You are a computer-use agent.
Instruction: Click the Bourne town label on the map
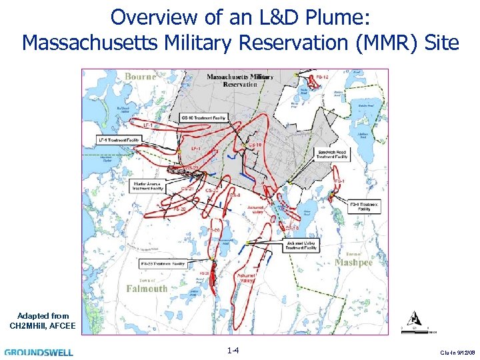click(x=140, y=77)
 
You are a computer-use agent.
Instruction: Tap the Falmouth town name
click(x=147, y=289)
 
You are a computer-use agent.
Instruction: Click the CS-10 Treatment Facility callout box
click(x=204, y=117)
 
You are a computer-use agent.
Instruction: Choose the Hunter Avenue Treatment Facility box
click(x=147, y=186)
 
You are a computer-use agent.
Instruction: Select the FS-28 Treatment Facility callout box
click(x=163, y=265)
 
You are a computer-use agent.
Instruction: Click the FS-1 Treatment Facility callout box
click(x=365, y=205)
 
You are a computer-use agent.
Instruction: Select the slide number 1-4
click(x=233, y=351)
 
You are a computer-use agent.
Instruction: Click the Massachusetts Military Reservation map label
click(x=240, y=81)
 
